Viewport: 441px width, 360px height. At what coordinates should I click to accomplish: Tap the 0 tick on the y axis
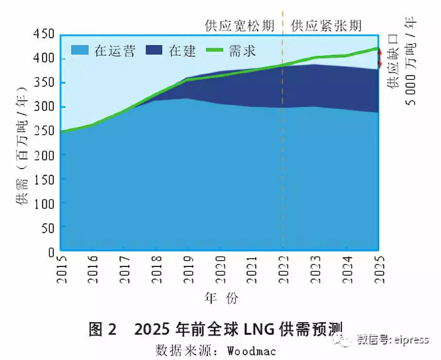click(50, 252)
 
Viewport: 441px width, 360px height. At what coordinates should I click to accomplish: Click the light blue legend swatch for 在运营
click(79, 50)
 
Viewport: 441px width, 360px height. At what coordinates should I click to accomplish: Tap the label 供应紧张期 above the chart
click(326, 26)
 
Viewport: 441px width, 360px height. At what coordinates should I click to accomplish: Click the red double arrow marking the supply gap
click(379, 58)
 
